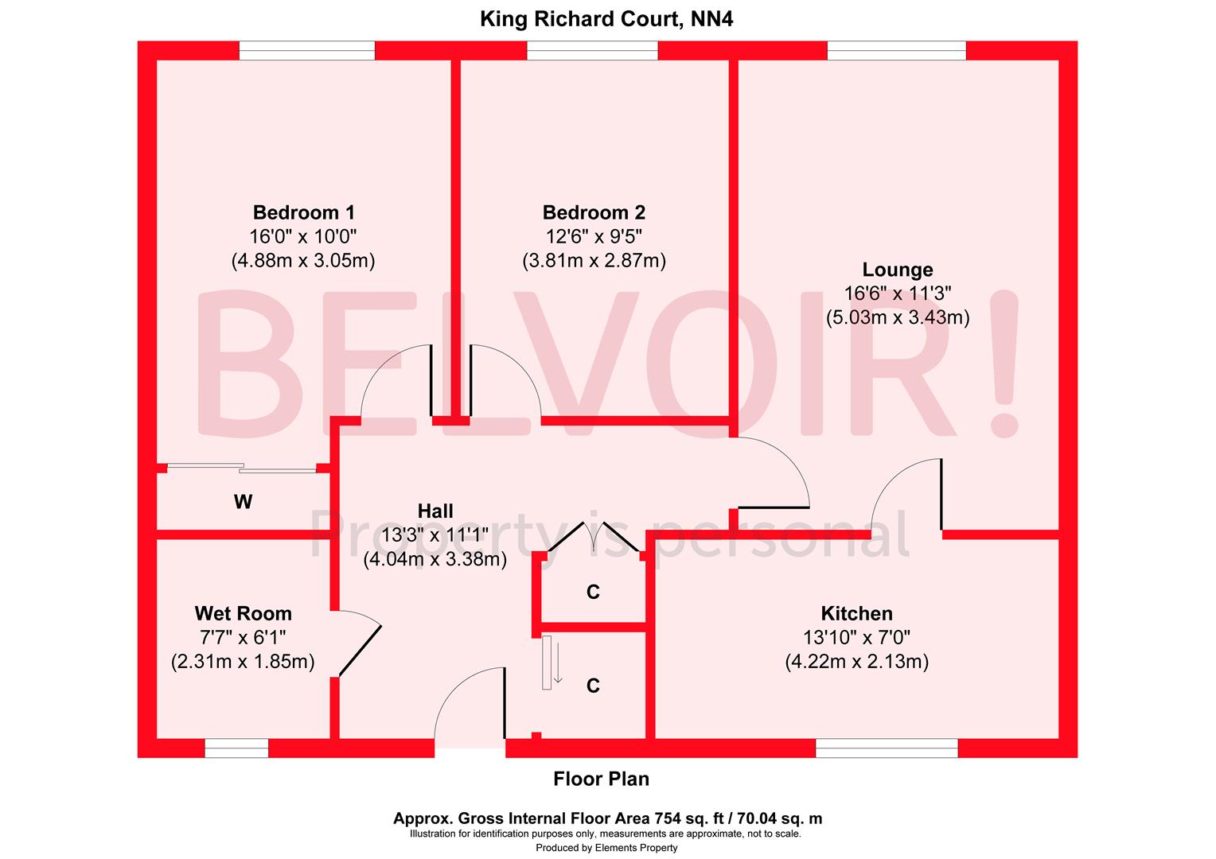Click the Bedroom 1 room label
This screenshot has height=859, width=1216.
[303, 213]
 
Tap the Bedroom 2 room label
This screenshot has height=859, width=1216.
[594, 213]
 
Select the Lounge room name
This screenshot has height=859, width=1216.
[898, 270]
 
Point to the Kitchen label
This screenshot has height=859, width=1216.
[856, 614]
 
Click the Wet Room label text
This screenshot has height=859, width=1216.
[243, 614]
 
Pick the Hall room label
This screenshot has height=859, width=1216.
[435, 511]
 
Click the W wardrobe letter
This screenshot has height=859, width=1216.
[243, 502]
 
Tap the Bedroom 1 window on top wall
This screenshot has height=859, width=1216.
[306, 50]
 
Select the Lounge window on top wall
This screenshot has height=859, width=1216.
[897, 50]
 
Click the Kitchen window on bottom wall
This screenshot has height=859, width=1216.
[887, 748]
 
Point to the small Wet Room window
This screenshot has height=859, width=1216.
[236, 748]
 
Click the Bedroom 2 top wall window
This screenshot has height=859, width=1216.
[592, 50]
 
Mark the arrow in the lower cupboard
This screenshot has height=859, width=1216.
[558, 663]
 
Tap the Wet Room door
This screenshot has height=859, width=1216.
[360, 644]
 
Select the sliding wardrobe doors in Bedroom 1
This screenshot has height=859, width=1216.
[243, 468]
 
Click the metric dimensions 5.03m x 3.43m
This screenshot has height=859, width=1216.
[898, 318]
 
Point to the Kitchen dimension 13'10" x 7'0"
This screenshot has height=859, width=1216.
[856, 637]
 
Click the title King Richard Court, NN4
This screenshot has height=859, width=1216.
[606, 19]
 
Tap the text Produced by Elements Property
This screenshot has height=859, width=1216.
[606, 848]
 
